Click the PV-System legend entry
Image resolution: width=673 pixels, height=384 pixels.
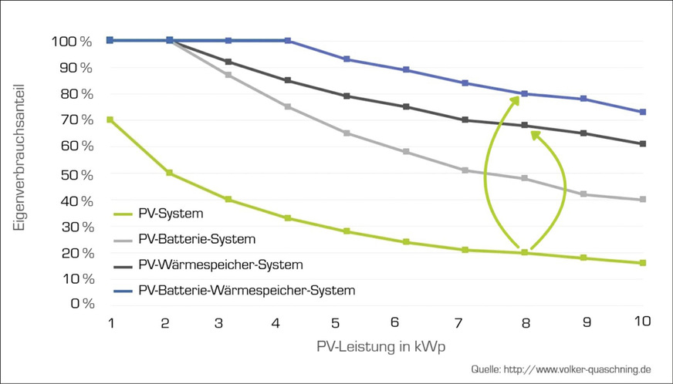[x=170, y=214]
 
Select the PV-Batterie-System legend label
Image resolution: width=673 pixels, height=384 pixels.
[x=197, y=239]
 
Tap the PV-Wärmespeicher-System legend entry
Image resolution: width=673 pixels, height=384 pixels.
[x=215, y=264]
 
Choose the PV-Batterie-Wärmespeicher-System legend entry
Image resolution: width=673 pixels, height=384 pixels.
[x=247, y=290]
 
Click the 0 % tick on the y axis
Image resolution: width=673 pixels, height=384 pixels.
[x=82, y=303]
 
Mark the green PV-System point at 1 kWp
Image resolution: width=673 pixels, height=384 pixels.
[x=110, y=120]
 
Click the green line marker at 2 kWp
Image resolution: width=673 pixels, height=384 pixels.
[x=170, y=173]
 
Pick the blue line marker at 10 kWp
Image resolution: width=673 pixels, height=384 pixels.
[x=642, y=112]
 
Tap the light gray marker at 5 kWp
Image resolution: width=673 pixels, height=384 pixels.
[x=347, y=133]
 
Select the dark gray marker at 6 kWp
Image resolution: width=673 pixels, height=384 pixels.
[x=406, y=106]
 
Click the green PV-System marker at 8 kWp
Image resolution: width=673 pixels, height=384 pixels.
[x=524, y=252]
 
